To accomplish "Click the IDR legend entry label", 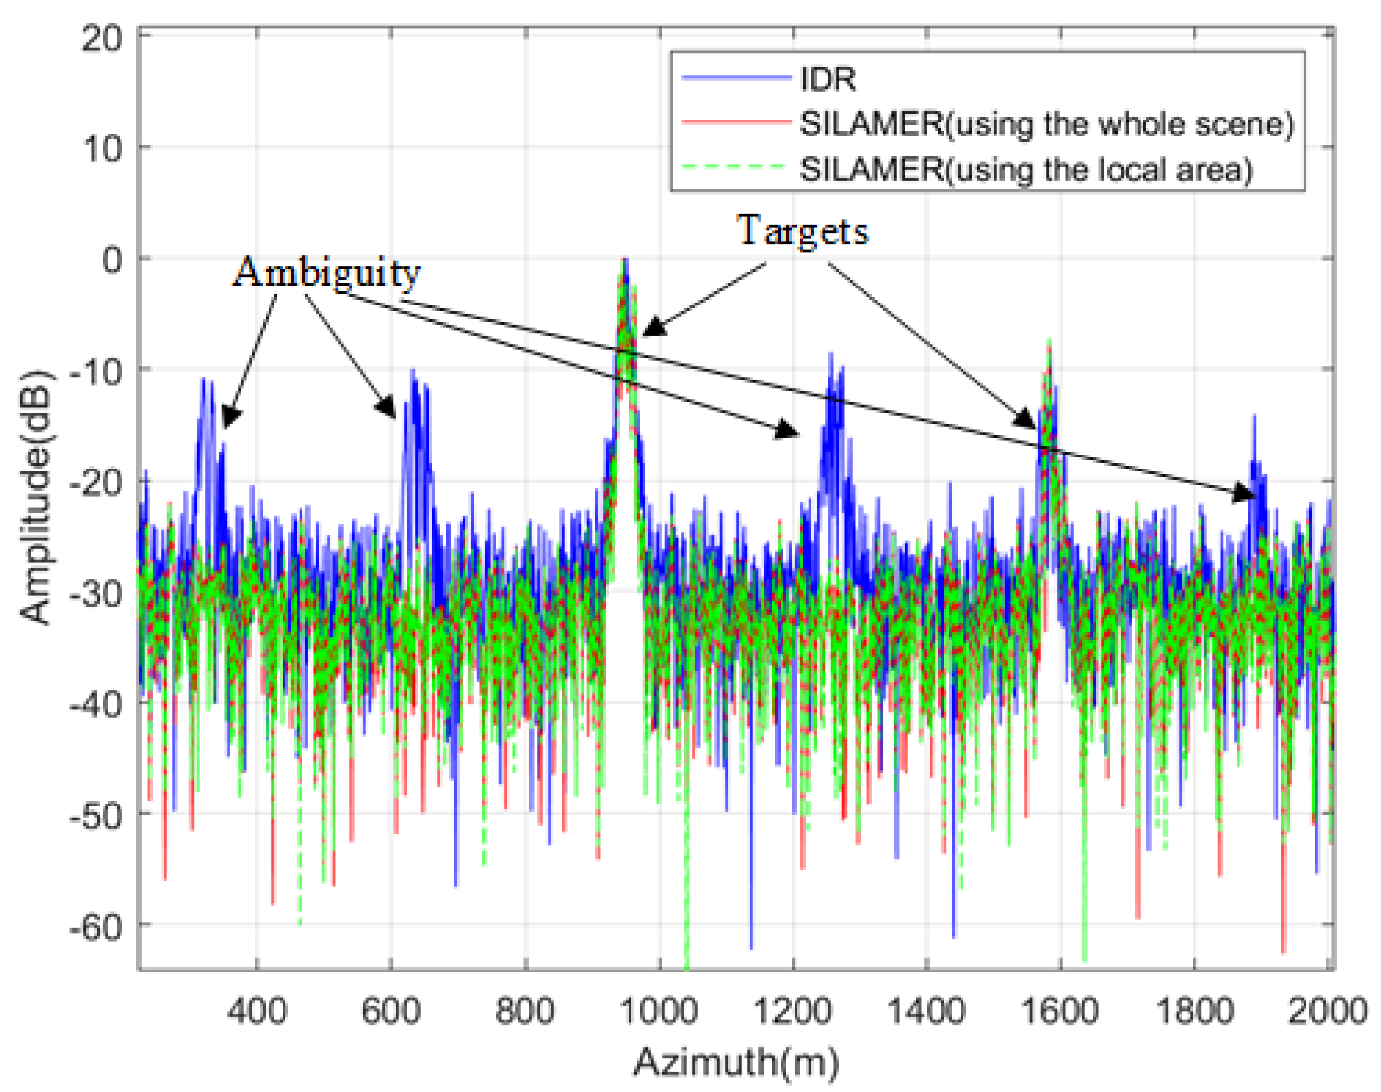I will point(828,79).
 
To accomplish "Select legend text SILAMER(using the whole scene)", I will point(1047,124).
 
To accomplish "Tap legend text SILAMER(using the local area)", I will point(1026,170).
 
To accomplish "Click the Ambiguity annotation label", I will point(327,273).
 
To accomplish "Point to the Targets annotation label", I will point(803,231).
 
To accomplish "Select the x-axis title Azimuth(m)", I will point(736,1063).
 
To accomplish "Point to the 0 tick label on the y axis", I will point(112,259).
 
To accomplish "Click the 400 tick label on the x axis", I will point(257,1009).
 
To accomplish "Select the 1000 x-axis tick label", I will point(659,1009).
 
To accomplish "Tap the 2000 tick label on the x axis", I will point(1326,1009).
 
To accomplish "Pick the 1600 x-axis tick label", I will point(1060,1009).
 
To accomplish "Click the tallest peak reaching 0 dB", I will point(625,261).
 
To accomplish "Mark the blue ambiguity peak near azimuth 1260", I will point(831,356).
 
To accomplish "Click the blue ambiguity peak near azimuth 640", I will point(413,371).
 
